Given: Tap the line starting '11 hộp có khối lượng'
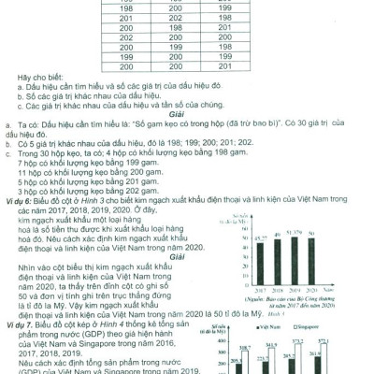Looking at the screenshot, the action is [x=75, y=173].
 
